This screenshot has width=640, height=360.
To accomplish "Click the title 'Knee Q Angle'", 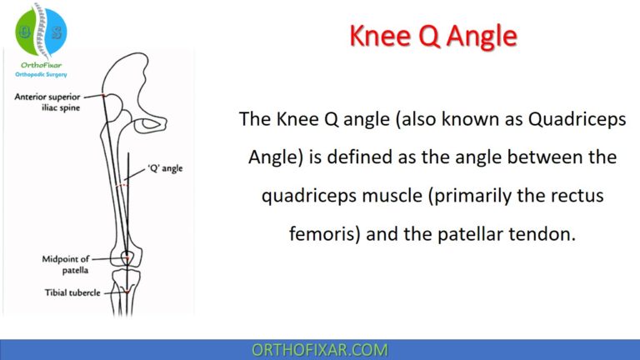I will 432,37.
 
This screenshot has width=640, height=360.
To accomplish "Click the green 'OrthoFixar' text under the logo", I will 39,63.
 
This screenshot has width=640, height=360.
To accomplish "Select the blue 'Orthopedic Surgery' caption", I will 39,72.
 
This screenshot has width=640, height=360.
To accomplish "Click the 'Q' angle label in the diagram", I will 163,168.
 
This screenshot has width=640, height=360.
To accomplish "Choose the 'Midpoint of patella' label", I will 65,265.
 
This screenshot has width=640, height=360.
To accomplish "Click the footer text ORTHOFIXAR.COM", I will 319,349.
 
